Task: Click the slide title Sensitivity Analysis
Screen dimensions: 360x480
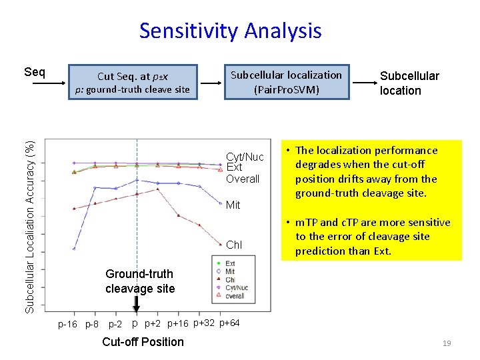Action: coord(230,31)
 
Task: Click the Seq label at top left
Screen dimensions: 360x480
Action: coord(35,71)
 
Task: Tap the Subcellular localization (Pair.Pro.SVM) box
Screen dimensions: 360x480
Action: coord(286,82)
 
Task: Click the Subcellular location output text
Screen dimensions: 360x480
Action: coord(409,83)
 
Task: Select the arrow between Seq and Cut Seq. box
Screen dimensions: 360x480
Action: coord(57,83)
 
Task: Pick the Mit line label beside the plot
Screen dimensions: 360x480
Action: coord(233,205)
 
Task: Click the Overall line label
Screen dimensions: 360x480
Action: coord(243,179)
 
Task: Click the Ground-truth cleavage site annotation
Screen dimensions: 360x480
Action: coord(139,281)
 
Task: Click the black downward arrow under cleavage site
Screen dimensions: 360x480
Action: coord(136,304)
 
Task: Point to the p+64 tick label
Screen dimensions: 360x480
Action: coord(229,323)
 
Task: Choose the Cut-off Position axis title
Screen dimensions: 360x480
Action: coord(143,342)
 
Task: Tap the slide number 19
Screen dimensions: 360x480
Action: coord(447,343)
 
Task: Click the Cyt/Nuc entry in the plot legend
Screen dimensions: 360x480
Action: coord(235,287)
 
